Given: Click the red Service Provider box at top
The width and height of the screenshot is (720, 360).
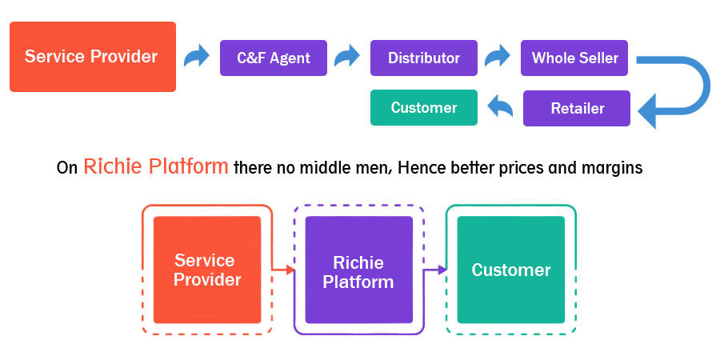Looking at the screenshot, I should point(92,57).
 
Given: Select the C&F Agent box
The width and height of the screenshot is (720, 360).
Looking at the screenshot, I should point(274,58).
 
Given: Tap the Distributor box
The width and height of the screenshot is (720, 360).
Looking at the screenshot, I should point(424,58).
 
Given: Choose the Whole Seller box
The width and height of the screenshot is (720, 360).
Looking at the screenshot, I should point(574,58).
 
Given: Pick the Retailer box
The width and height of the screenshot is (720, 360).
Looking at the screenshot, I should point(577,108).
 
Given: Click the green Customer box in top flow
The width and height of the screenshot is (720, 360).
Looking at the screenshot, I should point(424,108).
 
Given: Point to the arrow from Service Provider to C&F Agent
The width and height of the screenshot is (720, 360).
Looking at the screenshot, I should point(197,57).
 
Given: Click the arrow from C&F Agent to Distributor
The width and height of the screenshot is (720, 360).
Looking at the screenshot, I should point(347,57).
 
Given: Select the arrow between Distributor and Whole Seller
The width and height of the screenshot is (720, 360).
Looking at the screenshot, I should point(498,56).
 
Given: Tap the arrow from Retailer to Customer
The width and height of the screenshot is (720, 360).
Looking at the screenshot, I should point(500,105).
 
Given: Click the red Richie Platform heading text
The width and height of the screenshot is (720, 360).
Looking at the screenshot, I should point(156,166).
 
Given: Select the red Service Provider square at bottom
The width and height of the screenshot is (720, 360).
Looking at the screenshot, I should point(207,270).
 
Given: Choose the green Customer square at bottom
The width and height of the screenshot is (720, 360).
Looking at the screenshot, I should point(511,270).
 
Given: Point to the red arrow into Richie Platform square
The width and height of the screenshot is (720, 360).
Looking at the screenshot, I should point(282,270).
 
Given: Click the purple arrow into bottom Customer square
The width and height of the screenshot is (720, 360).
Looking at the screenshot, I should point(436,270).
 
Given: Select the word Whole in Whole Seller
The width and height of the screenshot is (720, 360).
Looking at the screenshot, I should point(551,58).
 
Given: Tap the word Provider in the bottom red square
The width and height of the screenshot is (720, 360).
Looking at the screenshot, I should point(207,280).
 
